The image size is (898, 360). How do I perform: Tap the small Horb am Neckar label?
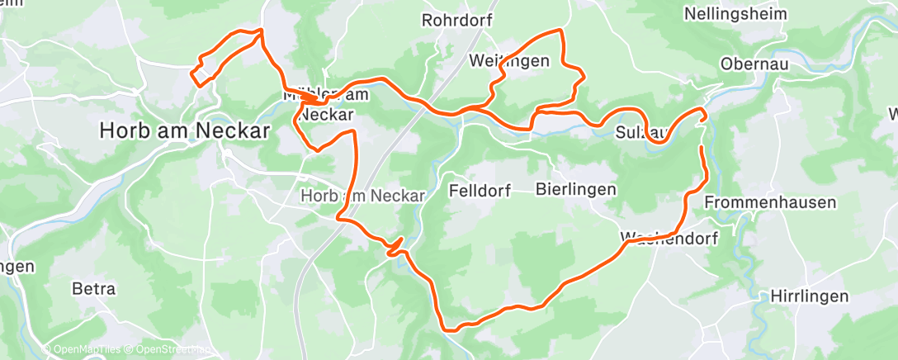[363, 197]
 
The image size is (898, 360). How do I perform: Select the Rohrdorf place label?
[456, 20]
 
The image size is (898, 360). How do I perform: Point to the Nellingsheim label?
[736, 14]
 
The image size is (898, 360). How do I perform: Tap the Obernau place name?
[754, 64]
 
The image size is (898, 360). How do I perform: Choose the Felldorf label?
[480, 191]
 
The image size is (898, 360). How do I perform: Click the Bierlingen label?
[575, 190]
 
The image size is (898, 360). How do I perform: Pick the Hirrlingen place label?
[809, 296]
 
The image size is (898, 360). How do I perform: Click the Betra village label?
[94, 290]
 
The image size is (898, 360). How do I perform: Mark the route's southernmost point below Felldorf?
[451, 329]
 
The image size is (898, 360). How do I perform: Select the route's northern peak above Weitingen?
[561, 31]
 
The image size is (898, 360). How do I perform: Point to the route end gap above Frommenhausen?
[702, 133]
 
